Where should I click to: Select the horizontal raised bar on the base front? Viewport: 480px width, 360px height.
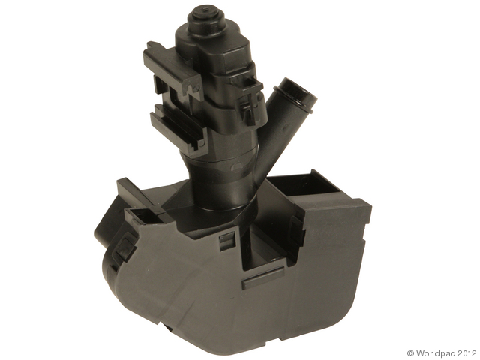pyautogui.click(x=263, y=277)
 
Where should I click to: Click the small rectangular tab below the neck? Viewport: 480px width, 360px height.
pyautogui.click(x=227, y=239)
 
